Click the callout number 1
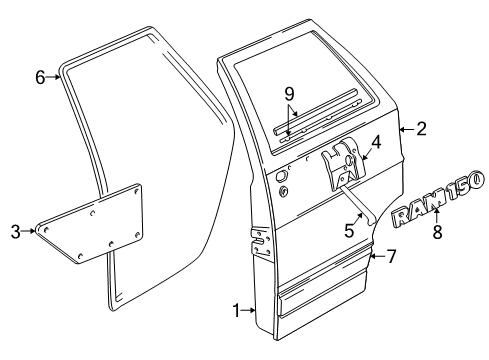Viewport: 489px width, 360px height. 236,312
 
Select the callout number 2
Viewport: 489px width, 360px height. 422,128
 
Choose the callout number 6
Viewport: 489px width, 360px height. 40,76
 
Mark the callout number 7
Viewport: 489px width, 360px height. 391,256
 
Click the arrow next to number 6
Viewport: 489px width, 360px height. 55,76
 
